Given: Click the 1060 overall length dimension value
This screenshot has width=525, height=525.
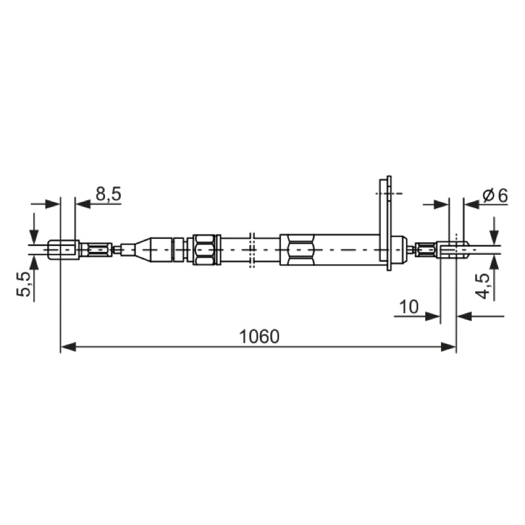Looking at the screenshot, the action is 259,337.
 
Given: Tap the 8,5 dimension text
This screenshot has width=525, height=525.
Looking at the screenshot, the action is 108,194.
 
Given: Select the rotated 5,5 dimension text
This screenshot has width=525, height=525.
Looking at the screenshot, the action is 24,284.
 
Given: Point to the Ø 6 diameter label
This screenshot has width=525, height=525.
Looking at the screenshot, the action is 495,196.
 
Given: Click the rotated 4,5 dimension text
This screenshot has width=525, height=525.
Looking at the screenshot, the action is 482,285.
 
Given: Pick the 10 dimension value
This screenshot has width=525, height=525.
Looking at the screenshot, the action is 409,306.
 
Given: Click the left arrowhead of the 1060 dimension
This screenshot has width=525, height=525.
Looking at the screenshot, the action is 68,347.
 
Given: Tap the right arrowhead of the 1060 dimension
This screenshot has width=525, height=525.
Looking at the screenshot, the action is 448,347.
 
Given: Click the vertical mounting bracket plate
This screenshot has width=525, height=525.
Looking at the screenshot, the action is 385,222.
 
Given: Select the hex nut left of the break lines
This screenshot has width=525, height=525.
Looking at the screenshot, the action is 204,250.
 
